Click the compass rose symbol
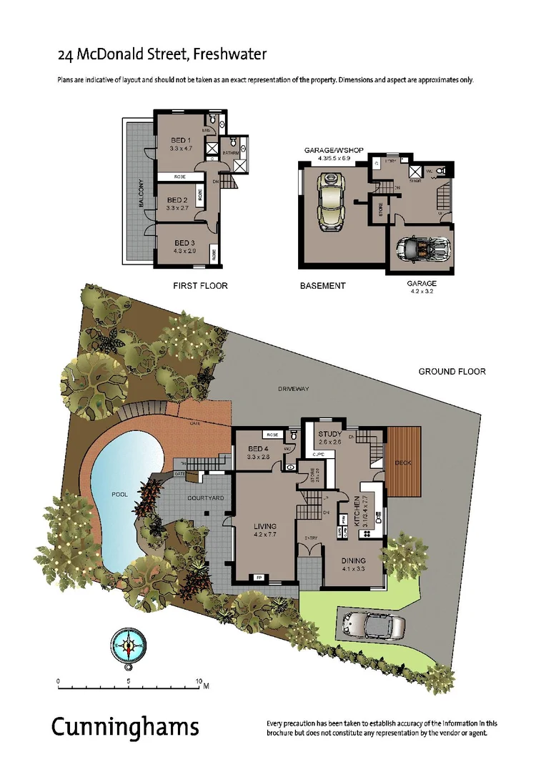(x=129, y=646)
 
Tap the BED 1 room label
(x=180, y=140)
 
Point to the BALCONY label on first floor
(x=142, y=193)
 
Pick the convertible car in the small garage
(x=422, y=249)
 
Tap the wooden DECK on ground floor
(x=403, y=462)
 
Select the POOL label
(x=119, y=494)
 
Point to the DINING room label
(x=353, y=560)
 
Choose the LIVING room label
(x=265, y=526)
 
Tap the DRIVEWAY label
(x=294, y=389)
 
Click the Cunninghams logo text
(x=125, y=727)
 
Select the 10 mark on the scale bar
(x=199, y=681)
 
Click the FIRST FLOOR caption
(x=200, y=285)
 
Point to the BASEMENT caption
(x=322, y=285)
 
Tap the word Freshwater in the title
(x=229, y=54)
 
